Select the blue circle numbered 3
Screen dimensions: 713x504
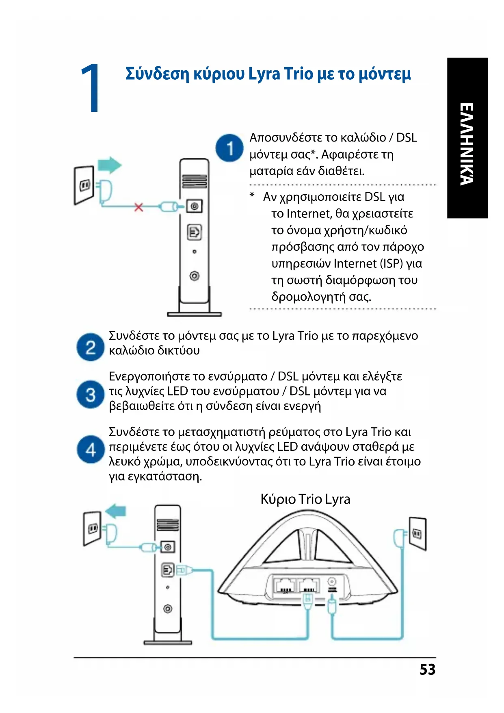90,395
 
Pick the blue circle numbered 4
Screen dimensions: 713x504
90,450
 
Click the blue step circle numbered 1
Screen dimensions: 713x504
229,148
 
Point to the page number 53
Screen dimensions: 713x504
427,670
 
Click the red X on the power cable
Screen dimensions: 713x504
139,207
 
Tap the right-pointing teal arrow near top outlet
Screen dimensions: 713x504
110,165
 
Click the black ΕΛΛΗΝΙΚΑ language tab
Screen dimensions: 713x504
467,138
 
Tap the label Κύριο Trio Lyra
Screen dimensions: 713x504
305,499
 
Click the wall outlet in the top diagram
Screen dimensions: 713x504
84,185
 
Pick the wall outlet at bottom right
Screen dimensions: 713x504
417,533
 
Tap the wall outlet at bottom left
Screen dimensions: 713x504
92,528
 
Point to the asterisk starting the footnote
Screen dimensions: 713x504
252,196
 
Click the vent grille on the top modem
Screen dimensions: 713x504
194,180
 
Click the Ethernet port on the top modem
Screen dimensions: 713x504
195,232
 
